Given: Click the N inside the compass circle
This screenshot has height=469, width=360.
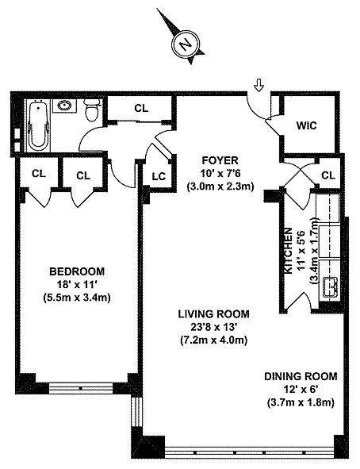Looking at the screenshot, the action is point(186,44).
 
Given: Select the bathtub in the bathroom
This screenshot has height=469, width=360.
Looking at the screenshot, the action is point(39,125).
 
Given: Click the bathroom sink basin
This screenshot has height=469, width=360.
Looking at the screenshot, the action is point(63,106).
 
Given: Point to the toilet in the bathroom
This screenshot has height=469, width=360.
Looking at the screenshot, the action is point(92,110).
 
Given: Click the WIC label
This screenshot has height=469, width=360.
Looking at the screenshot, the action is point(306,125).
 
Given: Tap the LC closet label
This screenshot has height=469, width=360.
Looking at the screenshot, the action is point(159,176).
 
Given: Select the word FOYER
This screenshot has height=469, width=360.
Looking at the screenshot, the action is point(220,160).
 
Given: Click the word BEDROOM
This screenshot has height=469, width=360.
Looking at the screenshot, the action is point(77,271).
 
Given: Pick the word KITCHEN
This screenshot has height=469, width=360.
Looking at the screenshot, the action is point(288,251).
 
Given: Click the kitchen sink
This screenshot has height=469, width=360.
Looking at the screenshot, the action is point(330,287).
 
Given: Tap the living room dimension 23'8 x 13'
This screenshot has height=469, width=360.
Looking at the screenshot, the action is point(214,327).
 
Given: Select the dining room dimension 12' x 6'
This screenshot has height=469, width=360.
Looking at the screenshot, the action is point(301,389).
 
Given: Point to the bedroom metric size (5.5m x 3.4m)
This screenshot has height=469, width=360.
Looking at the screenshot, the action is point(77,298).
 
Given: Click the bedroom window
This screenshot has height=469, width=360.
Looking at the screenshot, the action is point(81,388).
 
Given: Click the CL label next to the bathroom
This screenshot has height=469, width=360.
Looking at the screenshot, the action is point(141,108).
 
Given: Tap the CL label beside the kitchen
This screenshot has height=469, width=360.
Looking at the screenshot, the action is point(328,175).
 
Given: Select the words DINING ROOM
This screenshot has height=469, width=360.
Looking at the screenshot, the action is point(301,376).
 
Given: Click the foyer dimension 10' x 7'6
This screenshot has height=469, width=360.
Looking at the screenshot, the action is point(220,174).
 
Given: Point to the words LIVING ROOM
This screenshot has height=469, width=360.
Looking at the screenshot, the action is point(213,314).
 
